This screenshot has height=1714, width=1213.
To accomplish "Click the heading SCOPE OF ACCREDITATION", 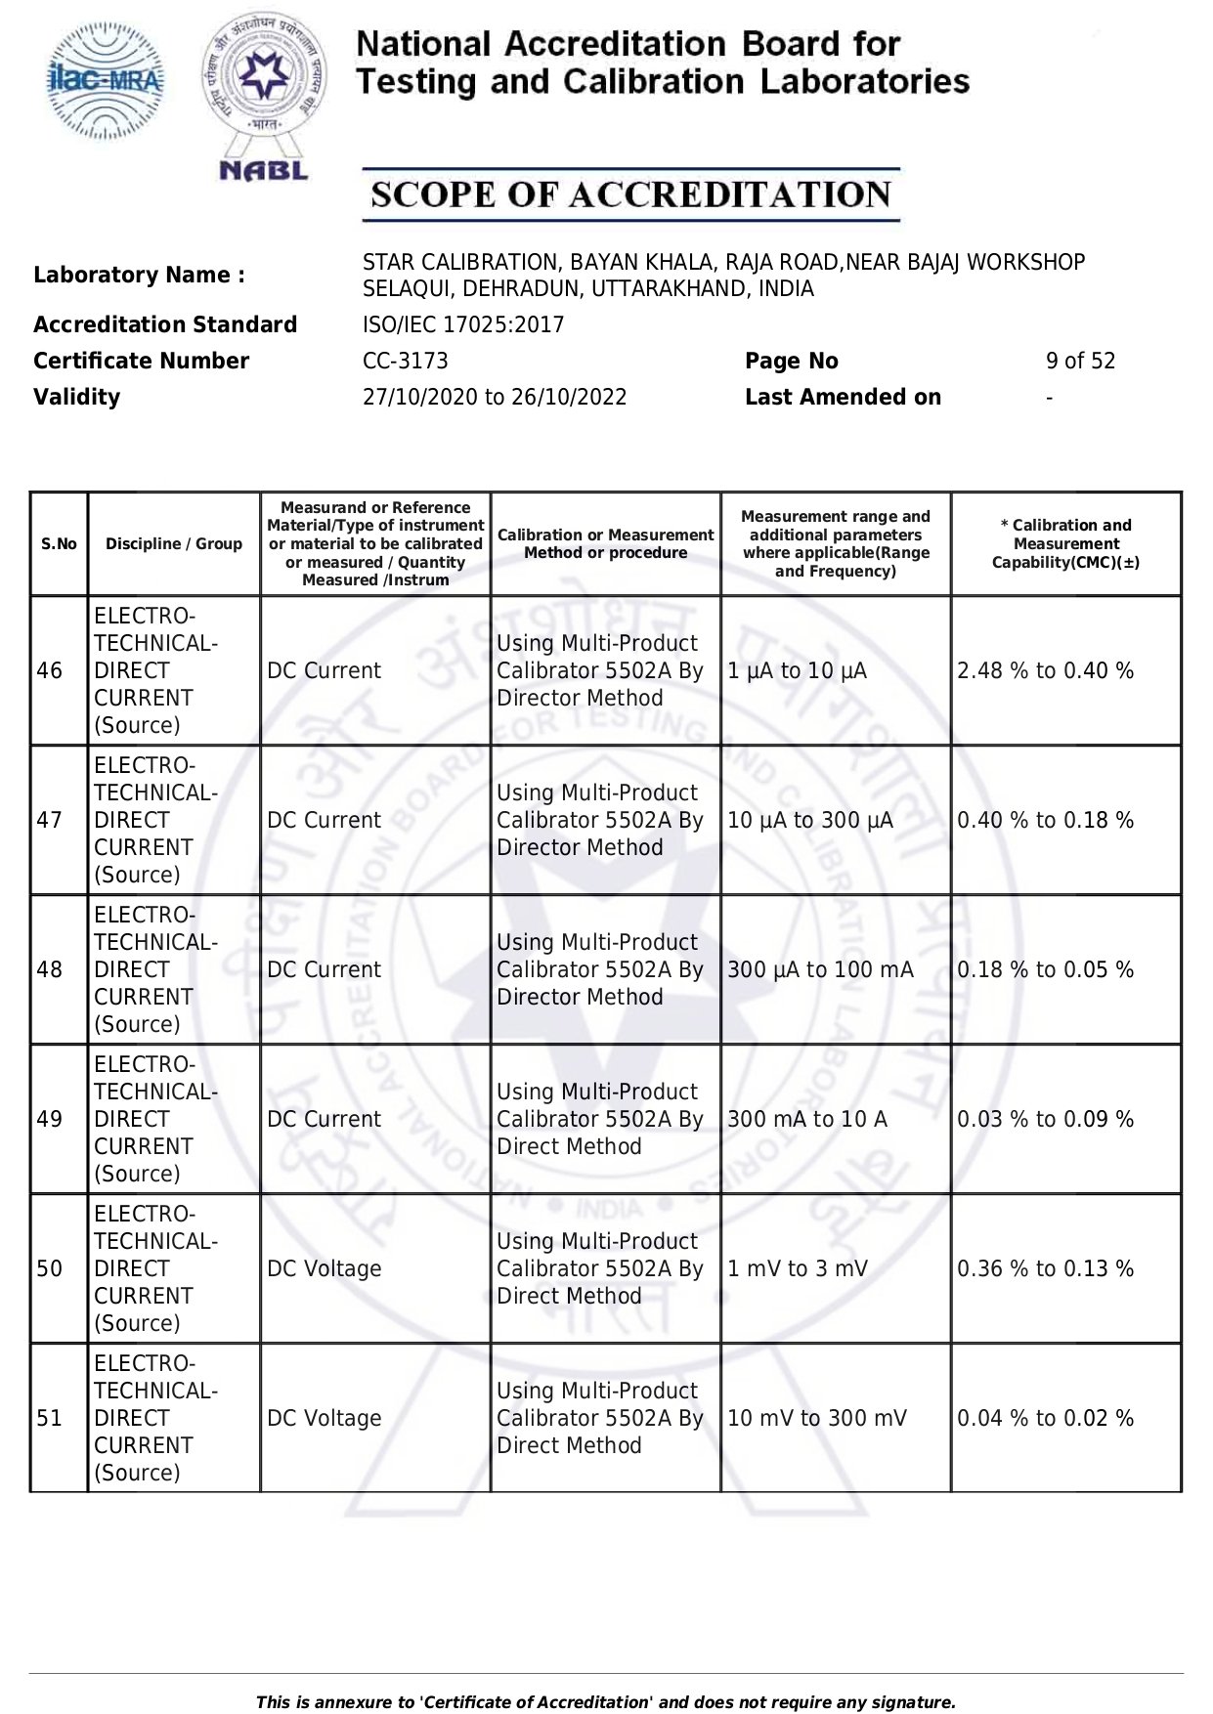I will [630, 194].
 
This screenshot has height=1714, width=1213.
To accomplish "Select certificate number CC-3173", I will [405, 361].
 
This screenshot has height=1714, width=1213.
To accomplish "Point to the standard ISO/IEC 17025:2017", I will [463, 324].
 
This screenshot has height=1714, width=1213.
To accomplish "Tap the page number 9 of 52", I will [1080, 361].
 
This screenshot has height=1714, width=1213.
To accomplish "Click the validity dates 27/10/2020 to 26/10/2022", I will [495, 397].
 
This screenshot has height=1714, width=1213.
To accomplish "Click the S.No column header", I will [59, 544].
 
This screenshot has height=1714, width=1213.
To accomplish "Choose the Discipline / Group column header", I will [174, 544].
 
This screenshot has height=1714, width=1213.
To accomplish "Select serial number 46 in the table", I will [50, 671].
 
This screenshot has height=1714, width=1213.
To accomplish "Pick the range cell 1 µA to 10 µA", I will [797, 671].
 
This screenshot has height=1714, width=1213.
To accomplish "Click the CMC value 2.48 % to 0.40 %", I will [1045, 671].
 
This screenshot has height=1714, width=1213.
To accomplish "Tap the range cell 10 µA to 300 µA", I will [810, 821].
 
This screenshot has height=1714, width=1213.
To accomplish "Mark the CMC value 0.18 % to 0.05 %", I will [1045, 970].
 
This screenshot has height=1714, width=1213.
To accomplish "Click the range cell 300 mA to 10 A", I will [807, 1120].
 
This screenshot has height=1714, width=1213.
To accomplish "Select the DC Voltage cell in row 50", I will [325, 1269].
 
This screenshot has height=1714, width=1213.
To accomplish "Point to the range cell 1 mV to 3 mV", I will [798, 1269].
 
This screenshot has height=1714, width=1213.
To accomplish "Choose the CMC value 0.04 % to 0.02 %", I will [1045, 1419].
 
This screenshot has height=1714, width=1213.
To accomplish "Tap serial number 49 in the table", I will [50, 1120].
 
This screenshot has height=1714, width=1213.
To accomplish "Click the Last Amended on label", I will [843, 397].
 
